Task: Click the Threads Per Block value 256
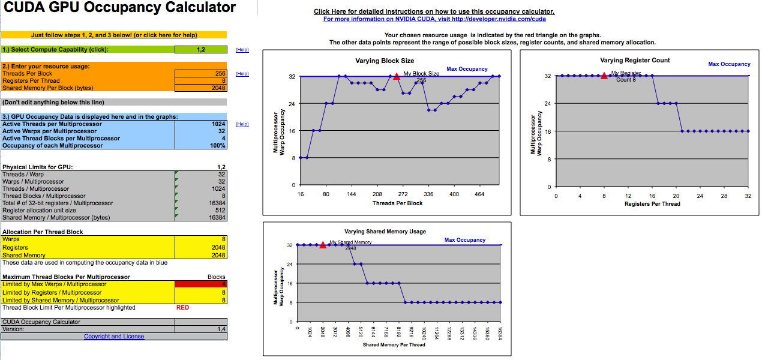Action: [x=201, y=73]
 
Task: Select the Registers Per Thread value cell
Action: [x=201, y=80]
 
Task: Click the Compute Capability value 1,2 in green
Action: [x=201, y=49]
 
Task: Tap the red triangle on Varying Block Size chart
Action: [x=397, y=76]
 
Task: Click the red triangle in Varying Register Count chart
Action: [x=604, y=75]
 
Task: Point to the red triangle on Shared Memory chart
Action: [x=323, y=244]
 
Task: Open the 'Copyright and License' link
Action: [x=114, y=337]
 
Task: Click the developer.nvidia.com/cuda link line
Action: [x=434, y=19]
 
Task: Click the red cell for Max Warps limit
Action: [x=201, y=284]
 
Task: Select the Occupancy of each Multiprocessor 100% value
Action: [x=201, y=146]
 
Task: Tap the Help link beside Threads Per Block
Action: [x=242, y=74]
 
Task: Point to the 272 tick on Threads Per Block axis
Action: [x=403, y=194]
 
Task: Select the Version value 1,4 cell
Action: [x=201, y=329]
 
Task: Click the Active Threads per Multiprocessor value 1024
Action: [x=201, y=124]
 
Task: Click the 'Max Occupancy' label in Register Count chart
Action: [x=729, y=64]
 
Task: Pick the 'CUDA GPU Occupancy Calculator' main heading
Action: [x=120, y=8]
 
